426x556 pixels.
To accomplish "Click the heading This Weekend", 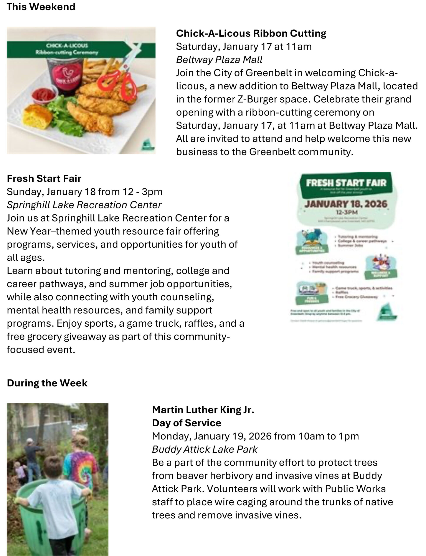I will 41,7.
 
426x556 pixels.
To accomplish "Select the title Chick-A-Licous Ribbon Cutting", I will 251,33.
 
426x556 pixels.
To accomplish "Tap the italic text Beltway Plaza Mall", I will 219,60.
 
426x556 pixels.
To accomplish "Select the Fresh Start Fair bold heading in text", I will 44,179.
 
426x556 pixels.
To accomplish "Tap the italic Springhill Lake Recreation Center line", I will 84,205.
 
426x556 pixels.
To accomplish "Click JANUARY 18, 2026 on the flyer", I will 346,204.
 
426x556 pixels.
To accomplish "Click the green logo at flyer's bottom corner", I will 386,313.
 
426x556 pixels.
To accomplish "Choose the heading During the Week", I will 47,383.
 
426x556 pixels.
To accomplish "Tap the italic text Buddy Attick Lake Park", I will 205,449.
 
